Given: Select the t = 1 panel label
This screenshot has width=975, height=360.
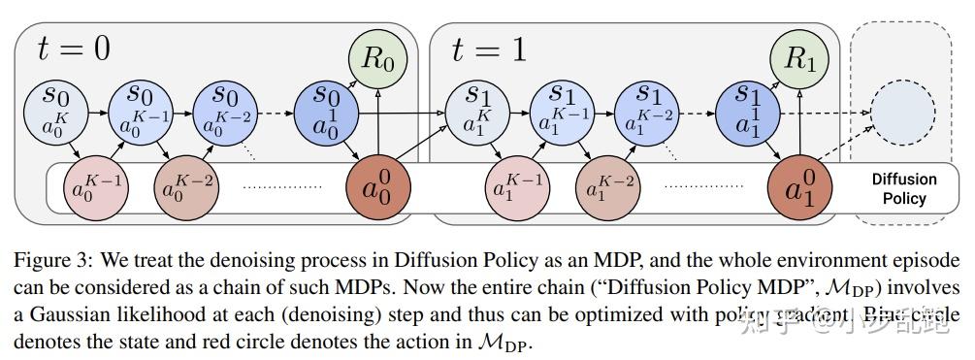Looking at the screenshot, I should click(x=489, y=49).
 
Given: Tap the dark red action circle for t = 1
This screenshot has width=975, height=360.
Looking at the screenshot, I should click(x=798, y=184).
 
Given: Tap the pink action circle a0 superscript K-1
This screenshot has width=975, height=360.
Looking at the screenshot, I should click(x=93, y=186).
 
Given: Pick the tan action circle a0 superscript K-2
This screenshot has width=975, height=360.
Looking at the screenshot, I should click(x=185, y=186).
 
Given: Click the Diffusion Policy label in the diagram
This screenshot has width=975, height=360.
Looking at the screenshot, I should click(x=903, y=188).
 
